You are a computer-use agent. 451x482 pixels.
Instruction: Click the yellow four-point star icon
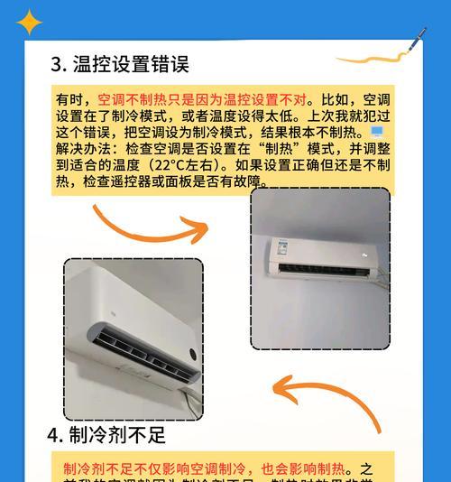click(x=30, y=22)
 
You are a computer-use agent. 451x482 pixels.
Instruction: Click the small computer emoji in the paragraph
click(x=376, y=133)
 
